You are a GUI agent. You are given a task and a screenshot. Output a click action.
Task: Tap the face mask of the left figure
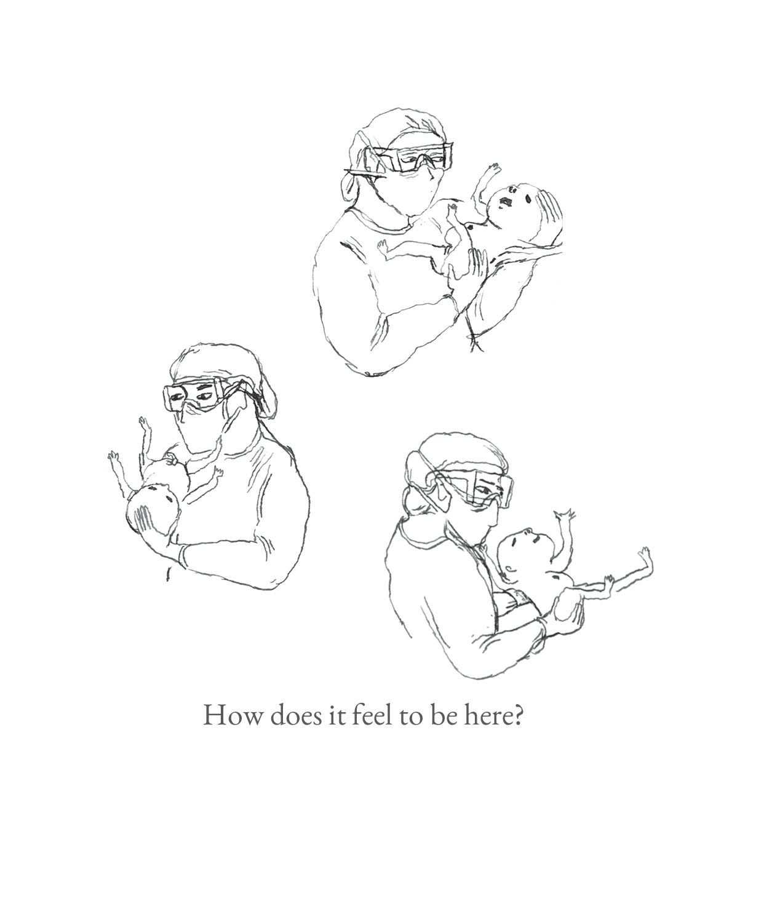click(203, 431)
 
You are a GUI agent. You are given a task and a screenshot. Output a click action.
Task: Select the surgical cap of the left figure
click(215, 363)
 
